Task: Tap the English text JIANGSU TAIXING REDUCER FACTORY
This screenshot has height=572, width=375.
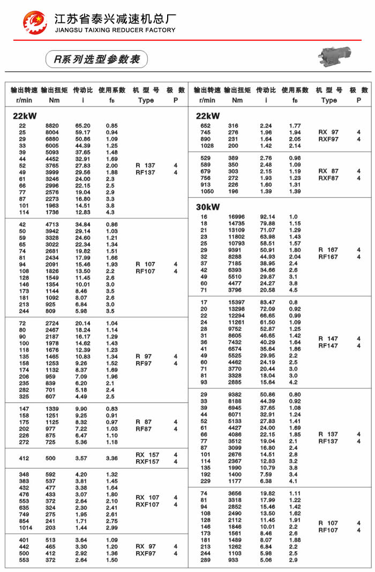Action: pyautogui.click(x=115, y=31)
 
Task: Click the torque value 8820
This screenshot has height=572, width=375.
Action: pyautogui.click(x=52, y=126)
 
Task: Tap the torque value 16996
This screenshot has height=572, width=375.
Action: pyautogui.click(x=237, y=217)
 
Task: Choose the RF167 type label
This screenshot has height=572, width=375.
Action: pyautogui.click(x=328, y=257)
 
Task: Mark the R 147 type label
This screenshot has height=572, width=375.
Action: pyautogui.click(x=328, y=338)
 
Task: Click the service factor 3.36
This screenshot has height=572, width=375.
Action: pyautogui.click(x=111, y=458)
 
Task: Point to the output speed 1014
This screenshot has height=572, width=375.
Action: pyautogui.click(x=25, y=528)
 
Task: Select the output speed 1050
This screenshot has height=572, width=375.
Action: pyautogui.click(x=207, y=191)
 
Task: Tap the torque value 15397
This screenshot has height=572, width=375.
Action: pyautogui.click(x=237, y=302)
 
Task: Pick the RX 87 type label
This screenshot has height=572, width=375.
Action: pyautogui.click(x=328, y=171)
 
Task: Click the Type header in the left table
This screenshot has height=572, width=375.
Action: pyautogui.click(x=146, y=100)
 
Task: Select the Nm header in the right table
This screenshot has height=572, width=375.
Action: pyautogui.click(x=237, y=100)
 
